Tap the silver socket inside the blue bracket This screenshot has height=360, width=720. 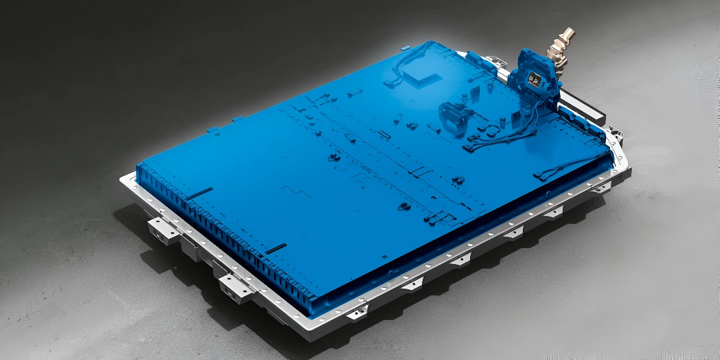pyautogui.click(x=534, y=79)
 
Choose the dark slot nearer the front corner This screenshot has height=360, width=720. pyautogui.click(x=275, y=248)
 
